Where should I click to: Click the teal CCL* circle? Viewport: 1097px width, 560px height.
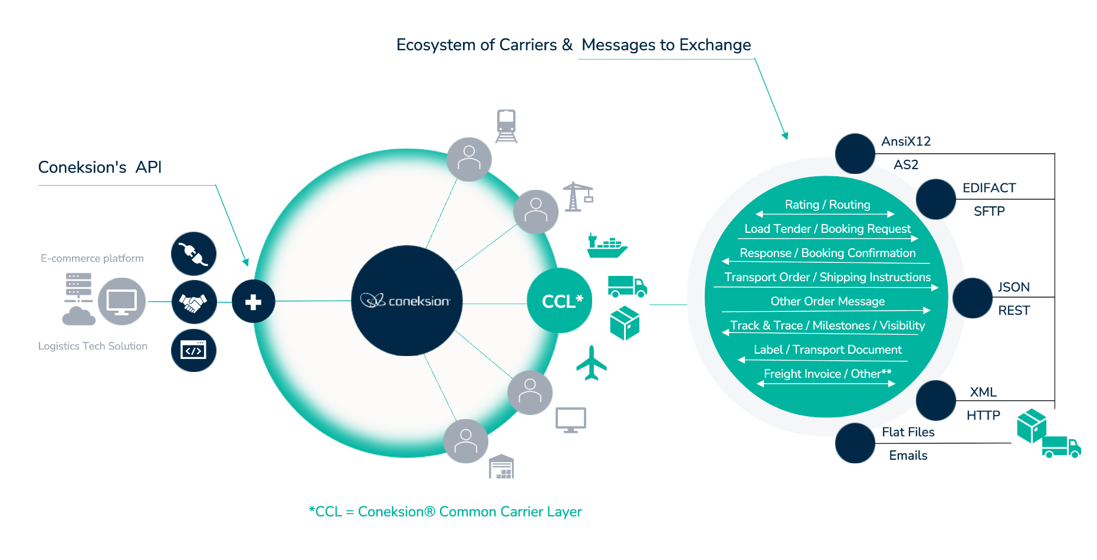[x=559, y=301]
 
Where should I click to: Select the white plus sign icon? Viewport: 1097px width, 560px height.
[x=253, y=302]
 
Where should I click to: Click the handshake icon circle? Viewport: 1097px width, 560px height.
[x=193, y=302]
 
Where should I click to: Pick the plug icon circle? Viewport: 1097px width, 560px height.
[x=193, y=253]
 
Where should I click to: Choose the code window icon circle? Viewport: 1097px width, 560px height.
[x=193, y=350]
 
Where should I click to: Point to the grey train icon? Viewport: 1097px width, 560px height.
[x=506, y=126]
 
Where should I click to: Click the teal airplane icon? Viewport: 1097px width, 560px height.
[x=591, y=363]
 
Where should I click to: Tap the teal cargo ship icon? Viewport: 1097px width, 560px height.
[x=606, y=246]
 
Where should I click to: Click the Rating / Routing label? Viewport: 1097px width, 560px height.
[x=827, y=205]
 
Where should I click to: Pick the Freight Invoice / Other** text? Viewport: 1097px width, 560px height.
[x=827, y=374]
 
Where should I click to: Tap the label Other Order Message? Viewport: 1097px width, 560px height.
[x=827, y=301]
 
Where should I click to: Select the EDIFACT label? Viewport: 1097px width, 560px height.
[x=988, y=188]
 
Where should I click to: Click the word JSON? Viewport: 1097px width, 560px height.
[x=1013, y=287]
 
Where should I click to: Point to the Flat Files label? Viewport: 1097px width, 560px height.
[x=908, y=432]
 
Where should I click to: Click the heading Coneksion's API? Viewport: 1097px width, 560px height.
[x=100, y=167]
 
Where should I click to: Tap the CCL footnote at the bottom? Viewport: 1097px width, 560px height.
[x=445, y=512]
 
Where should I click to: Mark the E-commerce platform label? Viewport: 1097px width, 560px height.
[x=92, y=258]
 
